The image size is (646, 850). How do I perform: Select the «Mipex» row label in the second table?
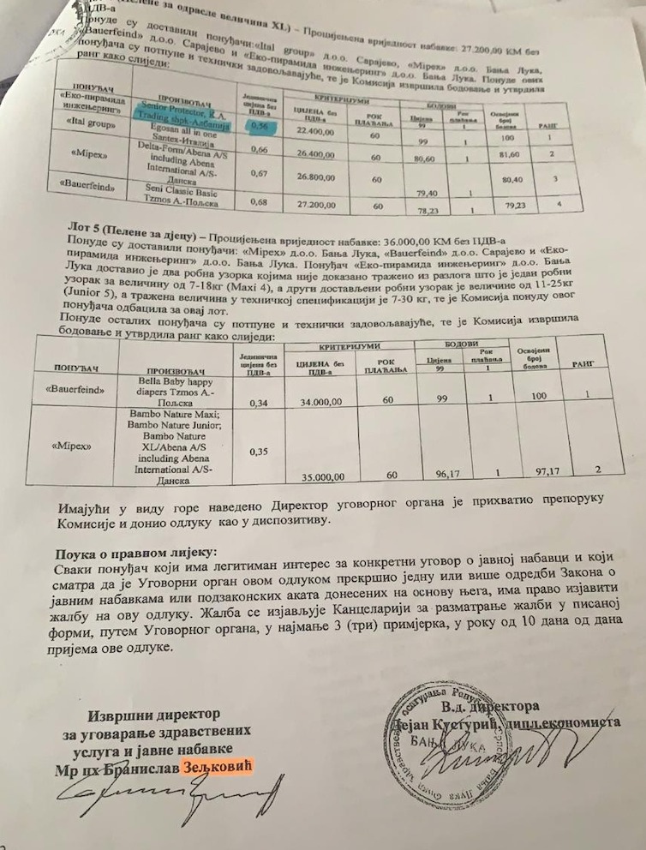(78, 446)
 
